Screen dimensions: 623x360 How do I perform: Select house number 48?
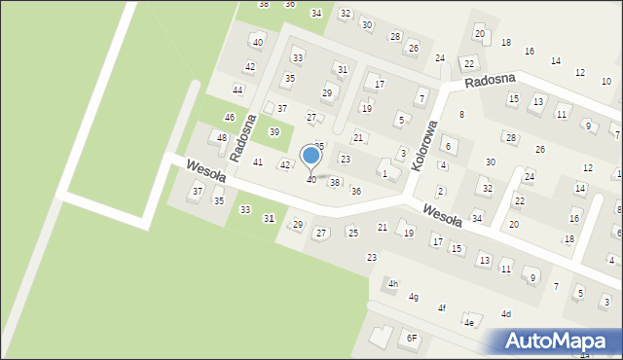(222, 138)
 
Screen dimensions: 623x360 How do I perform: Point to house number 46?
(230, 118)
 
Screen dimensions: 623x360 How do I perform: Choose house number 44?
(238, 90)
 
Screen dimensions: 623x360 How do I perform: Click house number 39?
(275, 132)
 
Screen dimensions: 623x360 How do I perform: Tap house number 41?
(258, 162)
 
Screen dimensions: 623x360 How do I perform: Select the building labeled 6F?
(412, 338)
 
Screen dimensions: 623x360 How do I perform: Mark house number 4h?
(393, 284)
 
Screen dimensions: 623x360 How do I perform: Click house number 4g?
(415, 297)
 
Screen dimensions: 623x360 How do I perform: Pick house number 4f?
(442, 308)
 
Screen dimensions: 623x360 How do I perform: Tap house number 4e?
(469, 322)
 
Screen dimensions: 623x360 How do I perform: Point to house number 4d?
(506, 314)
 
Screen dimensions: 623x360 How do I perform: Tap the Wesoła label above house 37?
(206, 176)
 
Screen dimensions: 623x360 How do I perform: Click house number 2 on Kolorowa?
(440, 191)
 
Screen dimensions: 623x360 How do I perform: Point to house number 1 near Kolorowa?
(385, 174)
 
